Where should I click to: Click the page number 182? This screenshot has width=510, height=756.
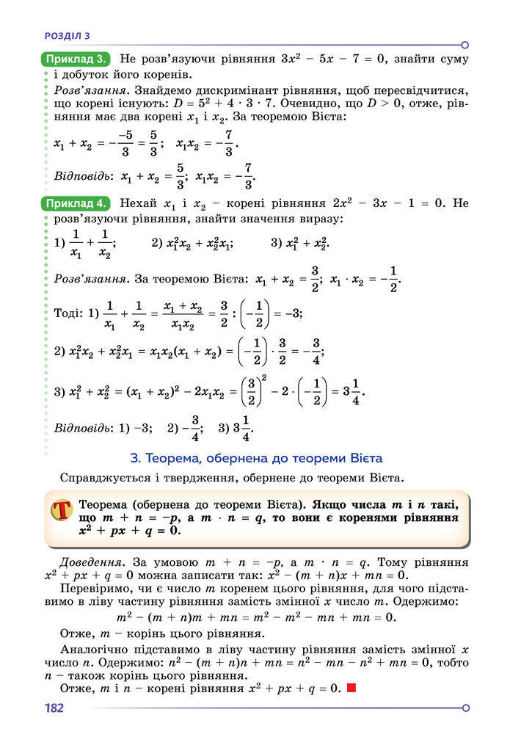pyautogui.click(x=54, y=708)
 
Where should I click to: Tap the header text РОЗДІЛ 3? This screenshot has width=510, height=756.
pyautogui.click(x=67, y=34)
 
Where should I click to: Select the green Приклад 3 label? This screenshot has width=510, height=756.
pyautogui.click(x=77, y=58)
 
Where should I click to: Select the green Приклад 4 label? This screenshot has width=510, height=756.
pyautogui.click(x=77, y=203)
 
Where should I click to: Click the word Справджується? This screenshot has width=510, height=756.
pyautogui.click(x=106, y=479)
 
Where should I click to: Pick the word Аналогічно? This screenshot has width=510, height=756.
pyautogui.click(x=98, y=650)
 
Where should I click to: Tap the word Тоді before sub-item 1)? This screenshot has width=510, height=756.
pyautogui.click(x=68, y=313)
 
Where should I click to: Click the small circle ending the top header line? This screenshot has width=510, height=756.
pyautogui.click(x=465, y=44)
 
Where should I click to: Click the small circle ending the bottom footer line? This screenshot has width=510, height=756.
pyautogui.click(x=465, y=708)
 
